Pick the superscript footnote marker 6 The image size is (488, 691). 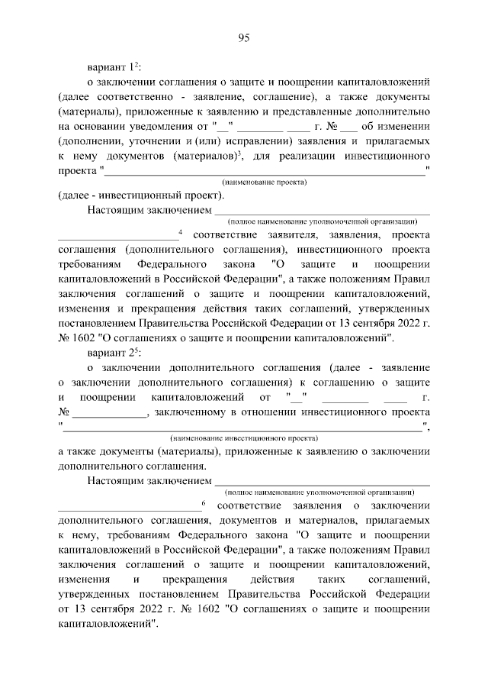coord(204,502)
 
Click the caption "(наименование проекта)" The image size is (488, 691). coord(265,182)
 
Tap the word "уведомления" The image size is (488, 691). coord(161,127)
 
